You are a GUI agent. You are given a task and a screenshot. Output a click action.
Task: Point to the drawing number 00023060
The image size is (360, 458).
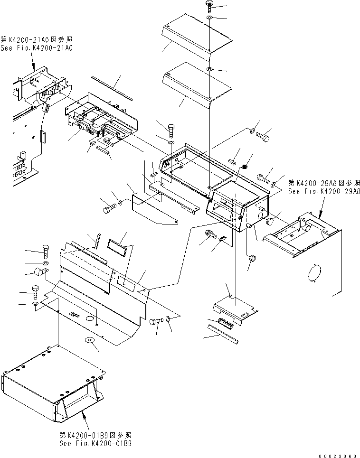(338, 455)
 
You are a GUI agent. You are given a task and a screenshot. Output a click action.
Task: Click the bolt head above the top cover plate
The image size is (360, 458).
(209, 5)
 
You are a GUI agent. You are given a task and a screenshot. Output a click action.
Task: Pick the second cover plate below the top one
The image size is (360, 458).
(196, 86)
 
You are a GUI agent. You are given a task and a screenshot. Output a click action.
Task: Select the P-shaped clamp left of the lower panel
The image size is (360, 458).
(38, 273)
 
